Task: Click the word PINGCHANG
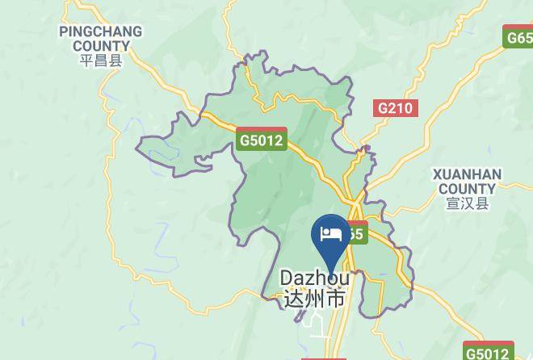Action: [101, 31]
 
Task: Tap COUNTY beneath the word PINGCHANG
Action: [101, 46]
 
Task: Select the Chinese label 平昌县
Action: [101, 61]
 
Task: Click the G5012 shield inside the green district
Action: [262, 140]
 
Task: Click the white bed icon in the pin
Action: [331, 234]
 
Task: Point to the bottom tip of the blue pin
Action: [331, 263]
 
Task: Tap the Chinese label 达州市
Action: [315, 299]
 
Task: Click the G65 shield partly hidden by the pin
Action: [357, 233]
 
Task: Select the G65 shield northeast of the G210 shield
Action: [518, 37]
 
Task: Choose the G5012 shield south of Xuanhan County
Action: [487, 352]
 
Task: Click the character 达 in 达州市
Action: [294, 299]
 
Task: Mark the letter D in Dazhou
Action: [287, 278]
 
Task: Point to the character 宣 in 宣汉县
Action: [452, 203]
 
